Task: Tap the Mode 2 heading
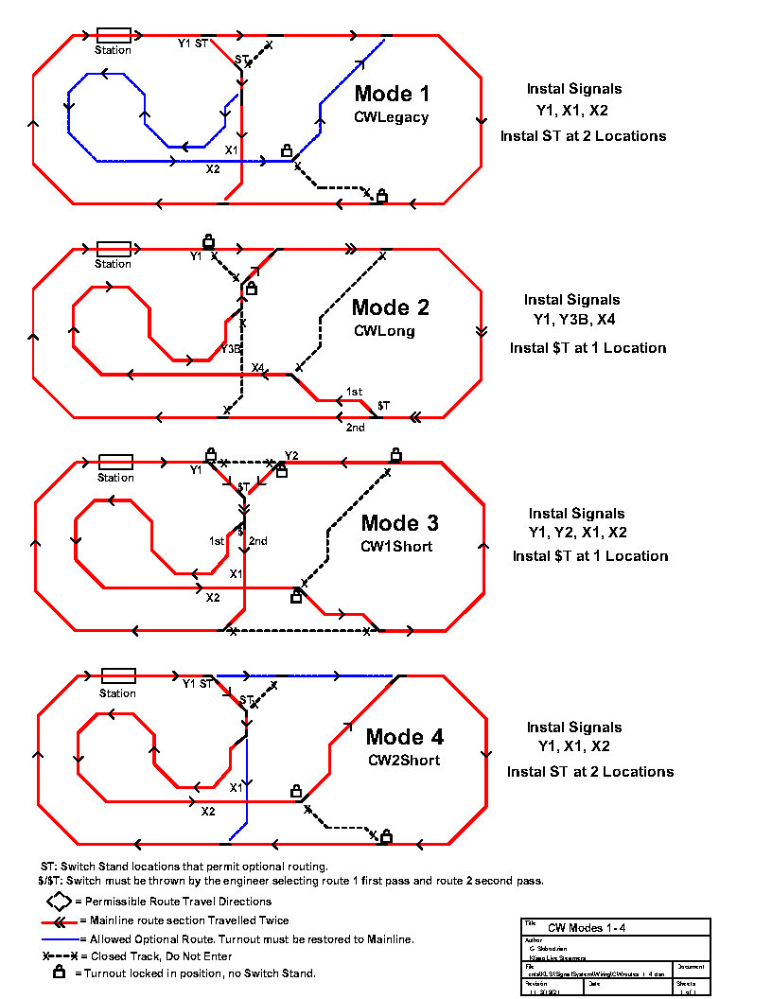point(390,307)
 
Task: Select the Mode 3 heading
point(400,523)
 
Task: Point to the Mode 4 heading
point(405,737)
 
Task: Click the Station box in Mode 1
point(114,35)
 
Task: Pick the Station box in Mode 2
point(114,249)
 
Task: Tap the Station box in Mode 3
point(116,463)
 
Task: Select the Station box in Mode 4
point(118,676)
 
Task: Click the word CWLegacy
point(392,117)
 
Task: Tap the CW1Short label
point(396,546)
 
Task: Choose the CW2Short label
point(404,760)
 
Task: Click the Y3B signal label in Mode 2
point(230,350)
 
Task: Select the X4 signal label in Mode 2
point(258,368)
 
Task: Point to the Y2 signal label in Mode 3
point(291,456)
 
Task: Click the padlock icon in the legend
point(59,972)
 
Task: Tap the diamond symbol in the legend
point(59,902)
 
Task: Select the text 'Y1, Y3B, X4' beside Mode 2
point(573,319)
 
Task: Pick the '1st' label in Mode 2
point(355,392)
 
